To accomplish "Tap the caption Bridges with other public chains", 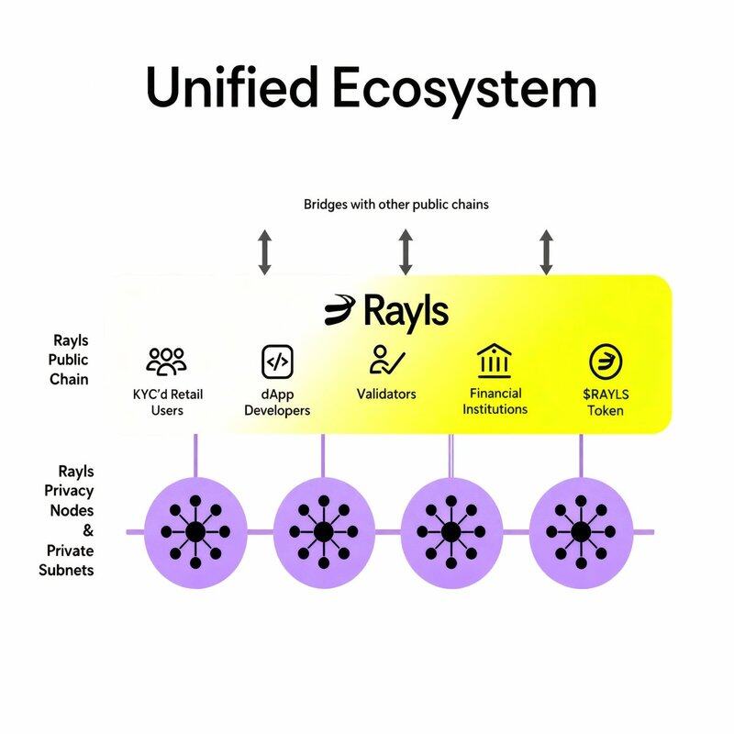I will (x=395, y=204).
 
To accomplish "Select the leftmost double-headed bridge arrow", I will (x=264, y=252).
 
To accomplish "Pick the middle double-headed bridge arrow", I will (x=406, y=252).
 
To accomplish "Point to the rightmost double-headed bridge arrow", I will (x=547, y=252).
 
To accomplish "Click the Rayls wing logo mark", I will (x=341, y=310).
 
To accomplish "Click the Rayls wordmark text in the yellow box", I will (x=406, y=311).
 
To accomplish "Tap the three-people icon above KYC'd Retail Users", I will (x=166, y=361).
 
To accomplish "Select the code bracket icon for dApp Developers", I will (x=276, y=361).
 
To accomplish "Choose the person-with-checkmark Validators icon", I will (x=386, y=360).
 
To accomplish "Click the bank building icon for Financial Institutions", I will (x=495, y=361).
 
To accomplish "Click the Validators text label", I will (x=386, y=395).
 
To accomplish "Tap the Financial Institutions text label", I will (x=495, y=401).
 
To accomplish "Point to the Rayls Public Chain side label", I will (x=70, y=360).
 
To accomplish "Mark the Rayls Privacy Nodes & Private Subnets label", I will (x=70, y=520).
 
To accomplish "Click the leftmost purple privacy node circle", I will (x=195, y=532).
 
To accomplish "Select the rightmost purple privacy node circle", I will (x=581, y=532).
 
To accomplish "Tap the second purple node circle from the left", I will (x=323, y=532).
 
